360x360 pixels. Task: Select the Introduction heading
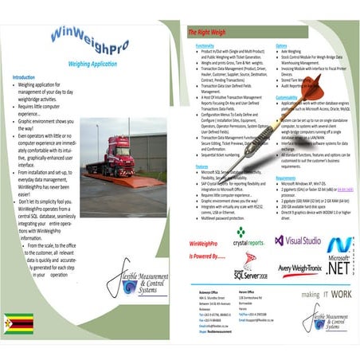(x=24, y=76)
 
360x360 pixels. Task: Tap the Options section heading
(x=281, y=47)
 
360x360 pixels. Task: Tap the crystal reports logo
(x=248, y=235)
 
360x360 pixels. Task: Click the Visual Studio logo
(x=298, y=240)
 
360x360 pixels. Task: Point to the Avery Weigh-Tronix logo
(x=297, y=267)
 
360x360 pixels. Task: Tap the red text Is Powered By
(x=206, y=256)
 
